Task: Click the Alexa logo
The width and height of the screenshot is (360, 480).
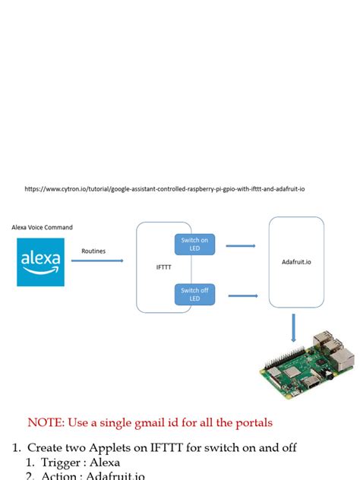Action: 40,262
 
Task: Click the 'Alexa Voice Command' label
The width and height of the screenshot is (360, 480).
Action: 43,227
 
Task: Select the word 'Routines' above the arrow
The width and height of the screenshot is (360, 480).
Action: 93,250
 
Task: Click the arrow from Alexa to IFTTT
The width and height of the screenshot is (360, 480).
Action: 97,261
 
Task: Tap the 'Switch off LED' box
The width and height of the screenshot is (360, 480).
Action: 194,294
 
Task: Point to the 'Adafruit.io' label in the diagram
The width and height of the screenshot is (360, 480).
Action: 296,262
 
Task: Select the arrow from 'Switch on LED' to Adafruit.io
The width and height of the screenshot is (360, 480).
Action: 241,245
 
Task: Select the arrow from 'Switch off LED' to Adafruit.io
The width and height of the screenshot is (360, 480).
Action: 241,295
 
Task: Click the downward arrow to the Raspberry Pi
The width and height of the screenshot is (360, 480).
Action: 294,330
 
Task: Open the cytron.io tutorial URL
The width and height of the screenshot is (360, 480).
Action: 164,189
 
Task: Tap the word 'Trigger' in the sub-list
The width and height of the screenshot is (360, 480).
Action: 59,462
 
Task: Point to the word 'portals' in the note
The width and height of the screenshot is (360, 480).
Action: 251,422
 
